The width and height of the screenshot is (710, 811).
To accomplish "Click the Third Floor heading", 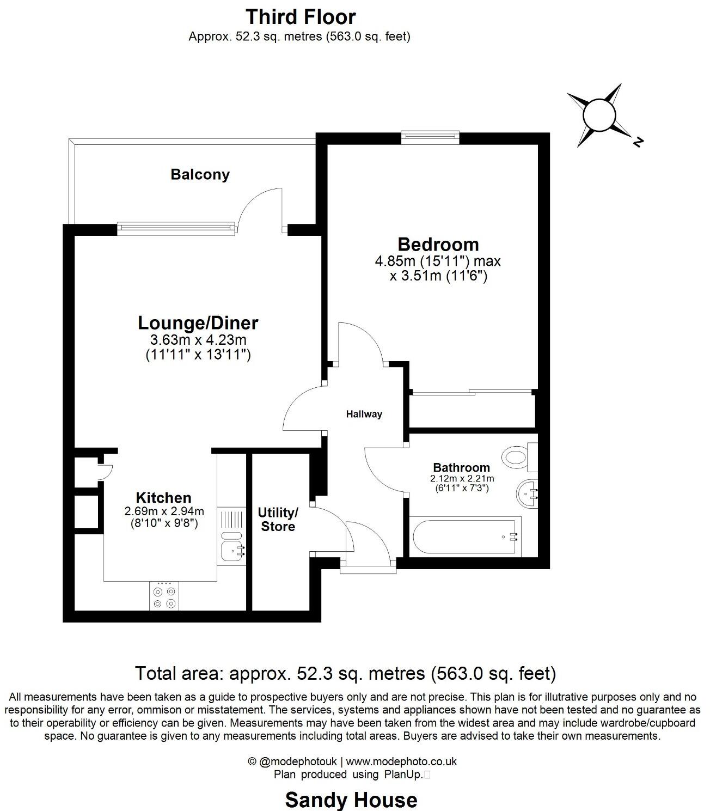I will [x=301, y=17].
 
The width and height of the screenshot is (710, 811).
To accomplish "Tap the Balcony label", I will [x=200, y=174].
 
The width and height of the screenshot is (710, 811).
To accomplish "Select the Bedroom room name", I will [x=438, y=244].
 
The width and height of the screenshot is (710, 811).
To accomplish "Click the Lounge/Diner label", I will [x=198, y=322].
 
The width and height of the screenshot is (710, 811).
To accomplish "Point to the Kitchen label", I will [x=163, y=497].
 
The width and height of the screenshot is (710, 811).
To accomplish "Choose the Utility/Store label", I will [x=278, y=520].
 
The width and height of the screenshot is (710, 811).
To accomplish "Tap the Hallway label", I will [x=364, y=414].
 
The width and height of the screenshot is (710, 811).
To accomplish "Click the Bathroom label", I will [x=461, y=467].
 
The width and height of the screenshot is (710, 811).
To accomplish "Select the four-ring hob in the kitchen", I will [x=164, y=597].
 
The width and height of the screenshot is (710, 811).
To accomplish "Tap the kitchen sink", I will [x=232, y=551].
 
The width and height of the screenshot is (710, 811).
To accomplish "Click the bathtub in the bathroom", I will [x=464, y=537].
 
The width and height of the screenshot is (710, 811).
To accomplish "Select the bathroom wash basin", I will [x=526, y=493].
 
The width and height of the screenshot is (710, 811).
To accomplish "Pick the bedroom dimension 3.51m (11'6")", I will [x=438, y=276].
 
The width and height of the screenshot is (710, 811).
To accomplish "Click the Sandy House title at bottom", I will [x=351, y=800].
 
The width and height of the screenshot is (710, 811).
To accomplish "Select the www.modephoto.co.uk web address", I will [x=401, y=761].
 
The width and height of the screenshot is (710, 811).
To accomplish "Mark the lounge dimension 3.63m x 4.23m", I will [x=198, y=340].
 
